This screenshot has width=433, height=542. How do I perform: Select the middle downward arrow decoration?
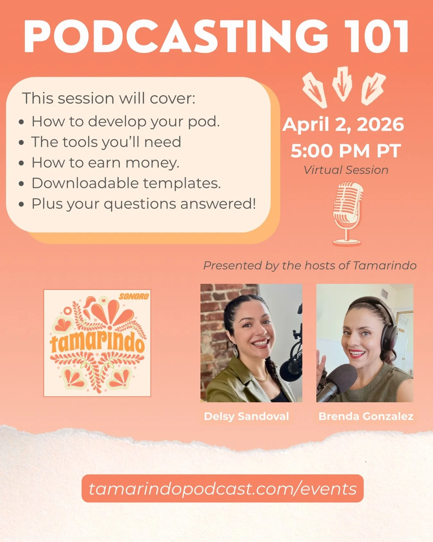[x=343, y=83]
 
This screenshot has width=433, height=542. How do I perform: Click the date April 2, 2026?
[x=343, y=125]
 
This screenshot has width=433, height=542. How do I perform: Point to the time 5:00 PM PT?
[x=346, y=151]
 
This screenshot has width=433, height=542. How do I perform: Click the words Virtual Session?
[x=346, y=170]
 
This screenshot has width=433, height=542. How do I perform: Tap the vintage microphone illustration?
[x=347, y=214]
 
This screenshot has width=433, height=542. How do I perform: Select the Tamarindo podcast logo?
[x=97, y=343]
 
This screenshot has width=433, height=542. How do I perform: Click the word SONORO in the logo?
[x=134, y=296]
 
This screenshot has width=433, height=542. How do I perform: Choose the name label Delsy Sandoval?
[x=246, y=416]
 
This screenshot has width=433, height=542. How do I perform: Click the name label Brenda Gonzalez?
[x=366, y=416]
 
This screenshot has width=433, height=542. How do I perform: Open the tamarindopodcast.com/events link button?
[x=223, y=488]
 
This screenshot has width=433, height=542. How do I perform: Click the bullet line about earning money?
[x=105, y=162]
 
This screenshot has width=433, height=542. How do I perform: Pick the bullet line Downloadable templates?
[x=126, y=183]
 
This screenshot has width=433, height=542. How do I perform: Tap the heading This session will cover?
[x=108, y=98]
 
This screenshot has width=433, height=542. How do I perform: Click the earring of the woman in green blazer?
[x=236, y=351]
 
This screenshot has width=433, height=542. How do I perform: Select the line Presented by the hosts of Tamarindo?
[x=310, y=266]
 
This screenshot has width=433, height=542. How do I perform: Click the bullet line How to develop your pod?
[x=125, y=121]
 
